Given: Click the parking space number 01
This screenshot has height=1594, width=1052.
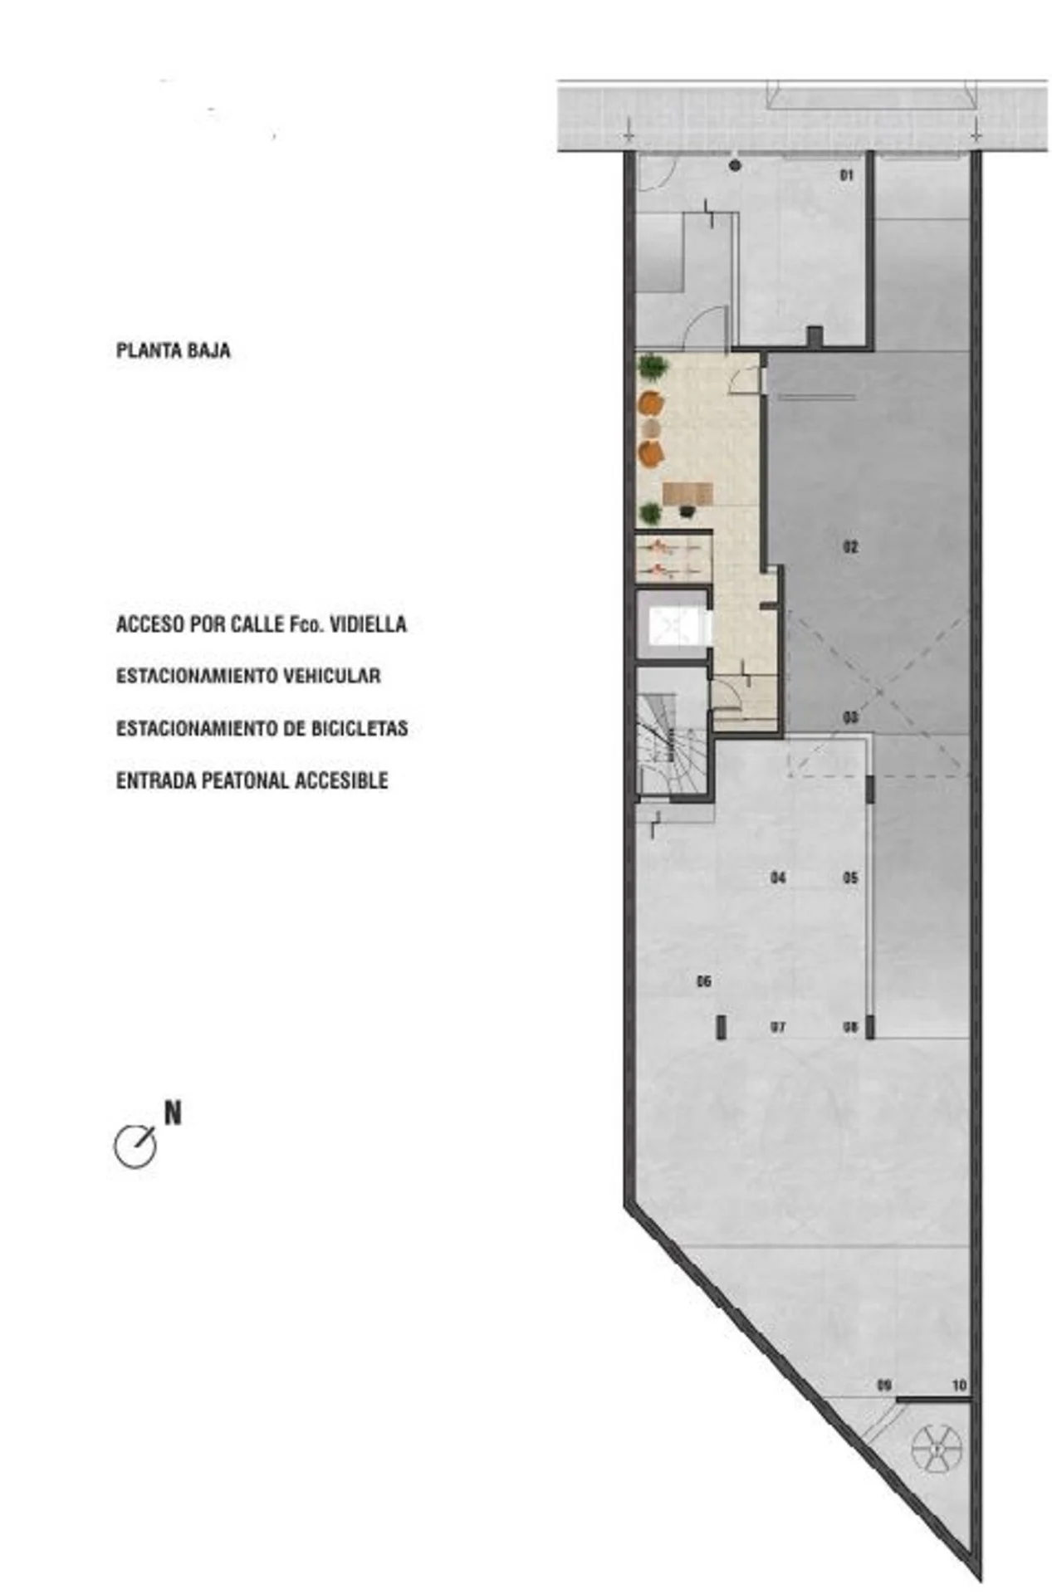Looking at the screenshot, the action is [x=847, y=175].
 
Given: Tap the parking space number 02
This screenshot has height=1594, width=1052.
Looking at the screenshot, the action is [x=850, y=547].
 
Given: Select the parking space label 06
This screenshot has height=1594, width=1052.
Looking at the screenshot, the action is [x=704, y=982].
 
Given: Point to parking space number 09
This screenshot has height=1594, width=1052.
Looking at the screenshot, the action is [x=884, y=1386].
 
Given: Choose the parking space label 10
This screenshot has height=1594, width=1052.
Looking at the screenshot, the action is [x=959, y=1386].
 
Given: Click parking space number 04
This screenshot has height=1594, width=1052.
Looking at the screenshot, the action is [x=778, y=878].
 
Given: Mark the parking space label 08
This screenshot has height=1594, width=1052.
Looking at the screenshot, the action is [x=850, y=1027].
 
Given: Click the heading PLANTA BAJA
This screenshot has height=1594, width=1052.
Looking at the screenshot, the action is [x=174, y=350].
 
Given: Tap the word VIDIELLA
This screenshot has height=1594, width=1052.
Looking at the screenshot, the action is [x=369, y=624].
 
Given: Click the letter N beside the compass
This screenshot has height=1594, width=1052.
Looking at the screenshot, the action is [x=173, y=1113].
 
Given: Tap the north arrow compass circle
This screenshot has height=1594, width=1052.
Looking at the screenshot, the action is [x=135, y=1148].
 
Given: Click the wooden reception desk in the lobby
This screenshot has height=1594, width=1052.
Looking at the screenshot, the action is [x=688, y=494].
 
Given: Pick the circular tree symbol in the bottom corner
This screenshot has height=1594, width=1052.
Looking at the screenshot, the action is [x=937, y=1449].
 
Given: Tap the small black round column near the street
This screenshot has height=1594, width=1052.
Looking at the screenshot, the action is [x=735, y=166].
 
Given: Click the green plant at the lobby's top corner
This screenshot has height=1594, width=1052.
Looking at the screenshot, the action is [x=653, y=365].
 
